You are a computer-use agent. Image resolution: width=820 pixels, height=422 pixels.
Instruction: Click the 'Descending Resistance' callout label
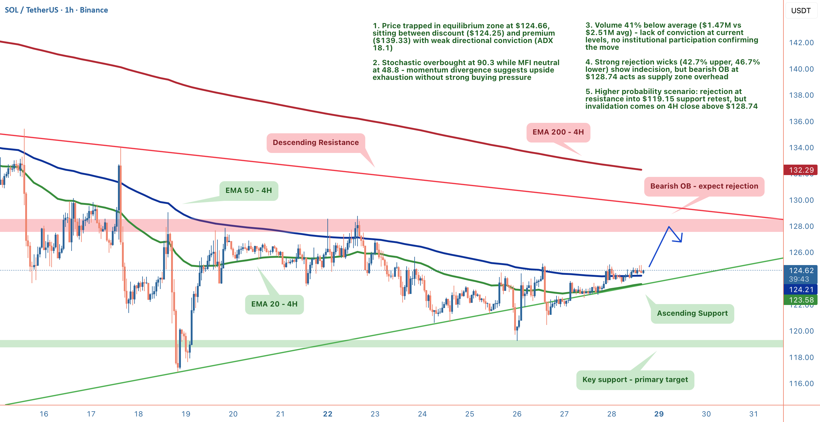click(x=315, y=143)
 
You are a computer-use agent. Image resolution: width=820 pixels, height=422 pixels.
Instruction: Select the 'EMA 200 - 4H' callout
click(x=558, y=132)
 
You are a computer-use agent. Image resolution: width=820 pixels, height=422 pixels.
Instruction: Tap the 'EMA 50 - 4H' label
click(x=248, y=191)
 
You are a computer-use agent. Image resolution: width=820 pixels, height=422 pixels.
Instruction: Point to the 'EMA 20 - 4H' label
click(x=274, y=304)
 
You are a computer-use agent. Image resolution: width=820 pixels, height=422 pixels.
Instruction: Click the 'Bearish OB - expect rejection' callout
click(x=704, y=186)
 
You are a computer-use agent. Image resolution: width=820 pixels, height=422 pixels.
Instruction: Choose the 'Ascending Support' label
click(x=692, y=314)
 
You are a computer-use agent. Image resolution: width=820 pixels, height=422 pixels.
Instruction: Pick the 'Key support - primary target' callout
click(x=635, y=380)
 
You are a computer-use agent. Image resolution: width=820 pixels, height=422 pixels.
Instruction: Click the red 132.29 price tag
click(x=801, y=170)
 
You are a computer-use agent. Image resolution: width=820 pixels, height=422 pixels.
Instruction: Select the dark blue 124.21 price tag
click(x=801, y=290)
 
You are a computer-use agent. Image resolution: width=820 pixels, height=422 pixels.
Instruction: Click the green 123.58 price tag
click(x=801, y=300)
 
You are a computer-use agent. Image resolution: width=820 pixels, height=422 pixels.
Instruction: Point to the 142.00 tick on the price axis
click(x=801, y=43)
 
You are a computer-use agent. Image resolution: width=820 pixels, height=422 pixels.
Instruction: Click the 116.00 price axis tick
click(x=801, y=384)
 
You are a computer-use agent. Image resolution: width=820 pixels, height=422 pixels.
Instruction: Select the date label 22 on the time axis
click(x=328, y=414)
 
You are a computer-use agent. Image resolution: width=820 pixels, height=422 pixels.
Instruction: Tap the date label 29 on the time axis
click(x=658, y=414)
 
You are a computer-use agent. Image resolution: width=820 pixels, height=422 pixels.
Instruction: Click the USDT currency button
click(x=801, y=10)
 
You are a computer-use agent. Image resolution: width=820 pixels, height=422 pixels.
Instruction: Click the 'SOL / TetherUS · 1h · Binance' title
click(x=56, y=10)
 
